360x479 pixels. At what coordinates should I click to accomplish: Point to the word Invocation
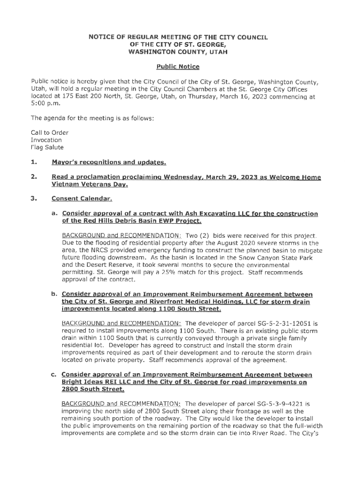[x=46, y=140]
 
